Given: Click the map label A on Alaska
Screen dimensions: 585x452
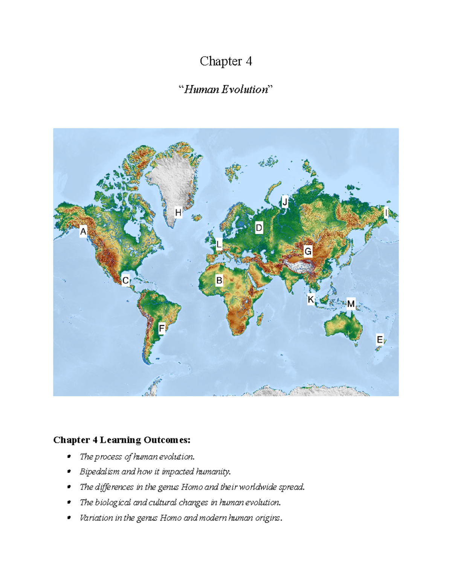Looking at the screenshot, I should point(83,231).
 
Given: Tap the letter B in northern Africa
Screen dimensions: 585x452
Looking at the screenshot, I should point(219,281).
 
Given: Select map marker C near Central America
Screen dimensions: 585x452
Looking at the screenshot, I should point(125,281).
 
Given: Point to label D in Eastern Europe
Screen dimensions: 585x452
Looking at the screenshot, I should point(259,228).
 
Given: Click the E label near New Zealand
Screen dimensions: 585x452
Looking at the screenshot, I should point(380,340).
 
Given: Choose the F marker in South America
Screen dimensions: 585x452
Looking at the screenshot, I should point(162,328).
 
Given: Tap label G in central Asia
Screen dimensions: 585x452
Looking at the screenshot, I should point(308,251).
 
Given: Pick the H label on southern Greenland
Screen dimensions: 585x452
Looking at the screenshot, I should point(178,213).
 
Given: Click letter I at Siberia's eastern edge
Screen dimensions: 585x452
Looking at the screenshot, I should point(386,213).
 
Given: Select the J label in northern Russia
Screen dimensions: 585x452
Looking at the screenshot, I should point(285,202).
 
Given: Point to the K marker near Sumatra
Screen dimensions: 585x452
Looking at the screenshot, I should point(311,299).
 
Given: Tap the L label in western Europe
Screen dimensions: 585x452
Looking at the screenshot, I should point(219,244).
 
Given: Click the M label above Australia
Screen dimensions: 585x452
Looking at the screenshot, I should point(351,304).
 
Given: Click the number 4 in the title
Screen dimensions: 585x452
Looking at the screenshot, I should point(249,61).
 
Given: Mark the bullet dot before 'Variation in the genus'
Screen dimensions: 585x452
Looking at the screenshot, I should point(69,518).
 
